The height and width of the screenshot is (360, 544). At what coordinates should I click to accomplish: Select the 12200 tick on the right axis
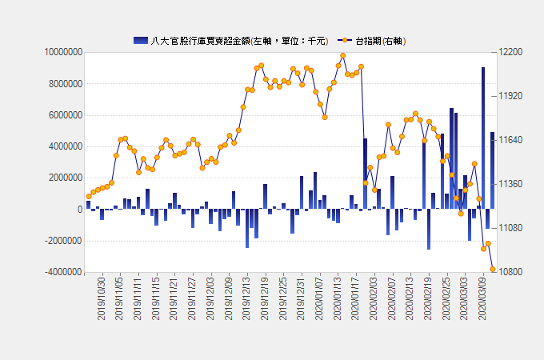click(509, 52)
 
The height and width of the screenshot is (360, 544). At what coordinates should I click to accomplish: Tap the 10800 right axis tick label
click(509, 272)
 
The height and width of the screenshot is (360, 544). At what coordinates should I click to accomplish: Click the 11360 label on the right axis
click(509, 184)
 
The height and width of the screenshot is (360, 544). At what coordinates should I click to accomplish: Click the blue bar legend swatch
click(140, 40)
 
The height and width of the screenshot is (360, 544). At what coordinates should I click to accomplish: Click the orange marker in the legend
click(344, 40)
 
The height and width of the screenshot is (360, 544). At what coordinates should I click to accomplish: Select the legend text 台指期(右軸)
click(379, 40)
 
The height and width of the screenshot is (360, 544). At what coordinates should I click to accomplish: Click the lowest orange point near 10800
click(493, 270)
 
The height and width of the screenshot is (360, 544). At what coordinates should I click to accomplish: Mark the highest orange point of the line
click(343, 56)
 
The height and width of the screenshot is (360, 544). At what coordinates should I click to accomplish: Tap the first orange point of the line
click(88, 196)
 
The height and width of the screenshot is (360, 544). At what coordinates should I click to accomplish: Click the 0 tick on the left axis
click(79, 210)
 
